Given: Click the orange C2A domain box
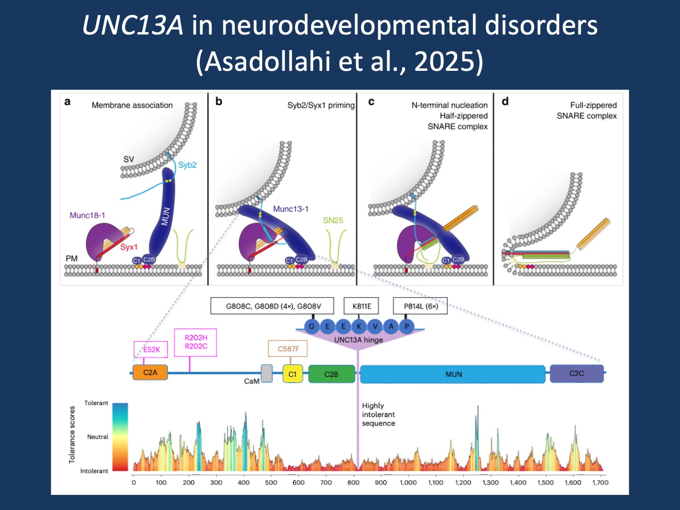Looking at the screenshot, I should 150,373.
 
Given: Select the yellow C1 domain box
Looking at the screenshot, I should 292,374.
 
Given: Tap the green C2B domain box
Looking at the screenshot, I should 331,374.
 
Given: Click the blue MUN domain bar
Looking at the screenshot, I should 453,374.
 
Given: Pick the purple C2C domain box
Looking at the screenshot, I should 577,373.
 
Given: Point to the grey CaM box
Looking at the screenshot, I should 267,373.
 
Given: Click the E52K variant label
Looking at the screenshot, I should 152,349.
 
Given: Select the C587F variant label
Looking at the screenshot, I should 288,349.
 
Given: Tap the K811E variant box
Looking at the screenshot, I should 362,306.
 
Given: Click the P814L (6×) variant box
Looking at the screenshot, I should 420,306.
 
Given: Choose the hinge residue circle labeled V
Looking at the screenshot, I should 375,326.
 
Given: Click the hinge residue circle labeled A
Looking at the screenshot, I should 391,326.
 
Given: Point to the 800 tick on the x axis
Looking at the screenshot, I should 353,482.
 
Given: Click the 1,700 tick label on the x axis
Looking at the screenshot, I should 600,482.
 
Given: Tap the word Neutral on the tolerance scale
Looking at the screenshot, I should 97,437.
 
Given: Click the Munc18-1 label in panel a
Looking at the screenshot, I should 87,215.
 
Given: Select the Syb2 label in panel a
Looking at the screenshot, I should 187,165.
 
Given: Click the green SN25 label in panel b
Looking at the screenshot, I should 333,220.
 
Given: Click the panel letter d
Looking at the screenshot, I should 505,102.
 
